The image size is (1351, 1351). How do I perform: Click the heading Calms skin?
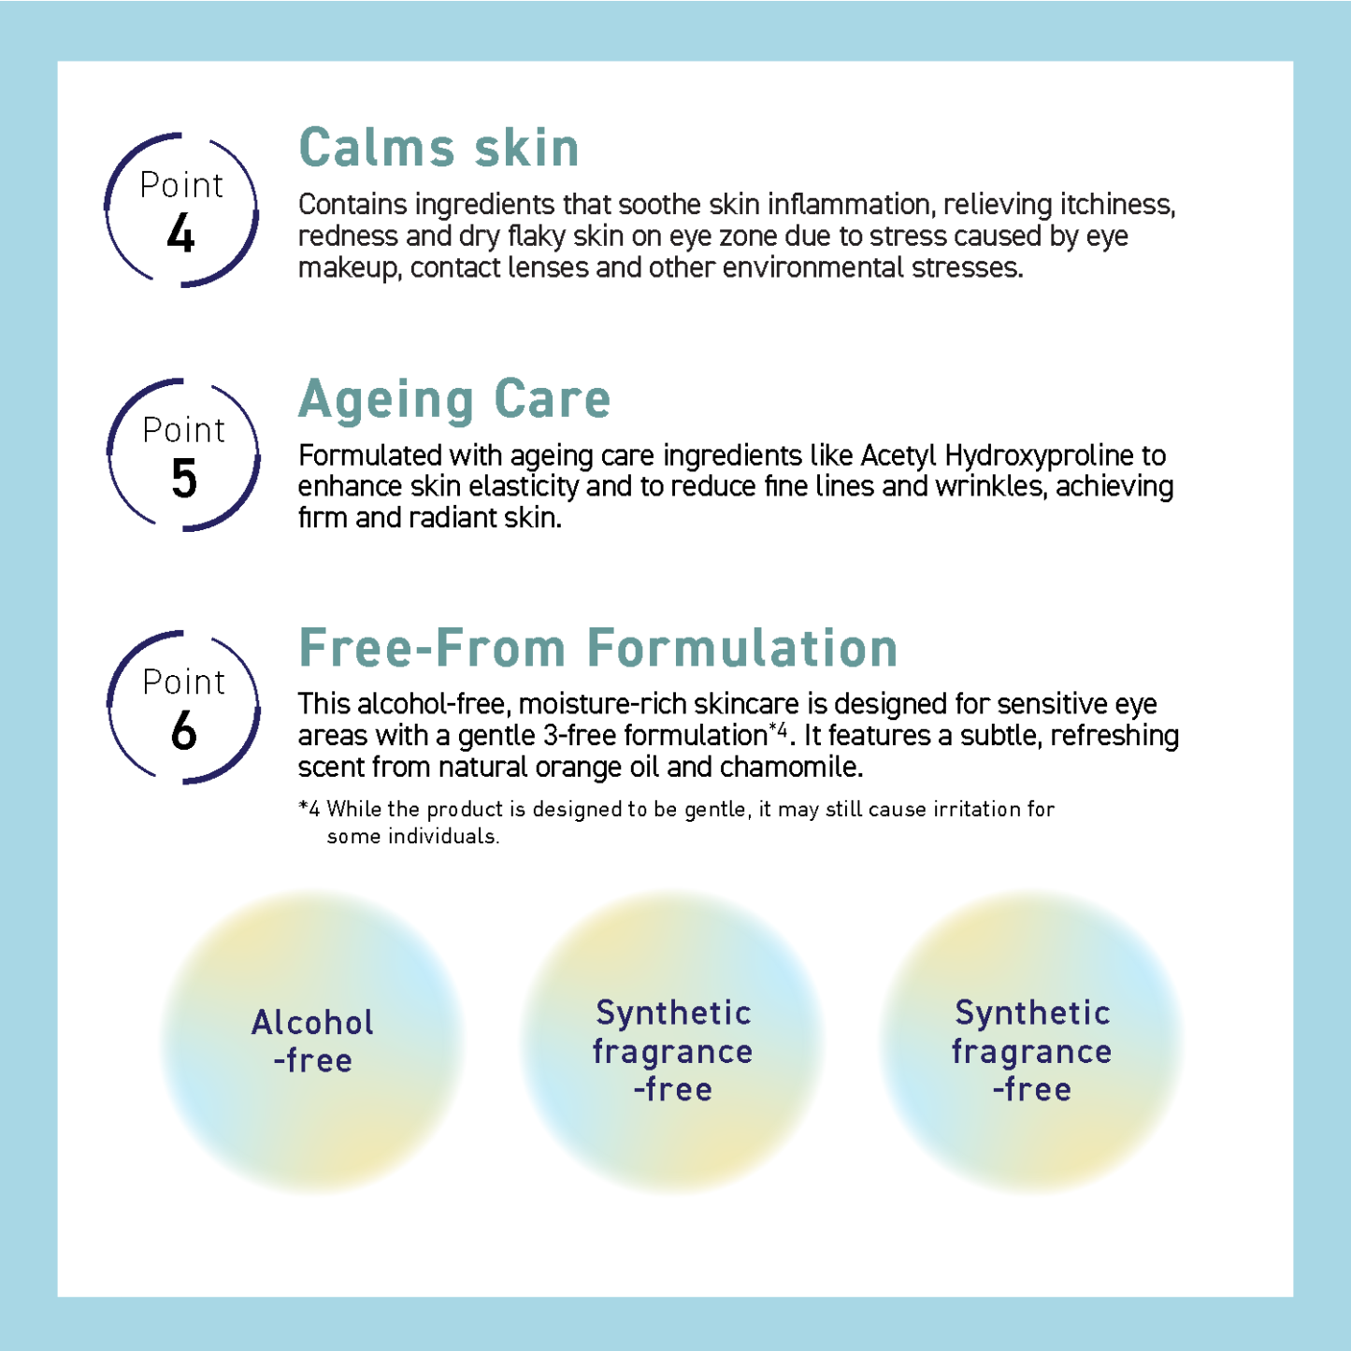[x=438, y=149]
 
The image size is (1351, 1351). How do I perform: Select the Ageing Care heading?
[x=454, y=400]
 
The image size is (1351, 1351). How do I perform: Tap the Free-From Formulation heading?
[x=598, y=648]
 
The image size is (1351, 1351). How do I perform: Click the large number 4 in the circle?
[x=180, y=234]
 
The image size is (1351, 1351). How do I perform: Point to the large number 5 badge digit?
[x=184, y=479]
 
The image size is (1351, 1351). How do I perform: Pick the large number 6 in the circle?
[x=184, y=731]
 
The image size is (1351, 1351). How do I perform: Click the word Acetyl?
[x=898, y=455]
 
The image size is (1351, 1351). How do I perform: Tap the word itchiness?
[x=1117, y=205]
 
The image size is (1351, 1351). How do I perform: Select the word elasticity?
[x=524, y=487]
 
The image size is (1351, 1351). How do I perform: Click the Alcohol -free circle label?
[x=312, y=1041]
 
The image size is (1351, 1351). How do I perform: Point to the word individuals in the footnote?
[x=443, y=837]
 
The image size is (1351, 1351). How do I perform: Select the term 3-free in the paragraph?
[x=579, y=737]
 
